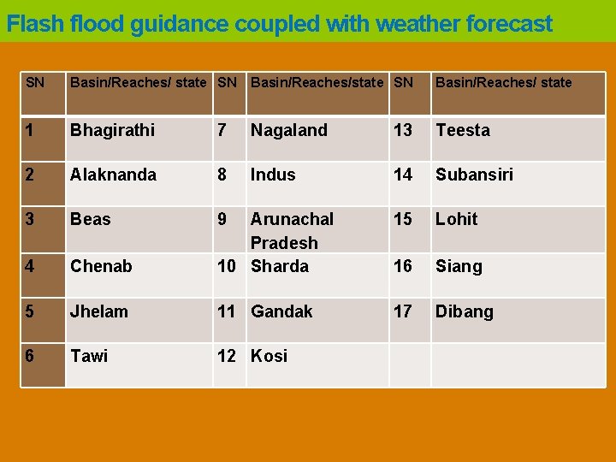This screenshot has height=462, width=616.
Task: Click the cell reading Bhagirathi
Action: [112, 130]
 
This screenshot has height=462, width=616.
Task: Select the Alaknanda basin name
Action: [113, 175]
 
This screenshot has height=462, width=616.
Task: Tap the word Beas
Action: [90, 219]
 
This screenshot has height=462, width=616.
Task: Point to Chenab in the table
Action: [101, 266]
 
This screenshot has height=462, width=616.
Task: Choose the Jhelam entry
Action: [99, 311]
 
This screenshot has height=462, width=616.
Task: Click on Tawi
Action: [89, 356]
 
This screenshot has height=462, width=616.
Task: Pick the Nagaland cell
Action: [288, 130]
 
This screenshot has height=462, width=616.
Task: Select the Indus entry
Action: [273, 175]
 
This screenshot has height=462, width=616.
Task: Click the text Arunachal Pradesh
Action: [292, 230]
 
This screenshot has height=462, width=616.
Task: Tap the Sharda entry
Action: [280, 266]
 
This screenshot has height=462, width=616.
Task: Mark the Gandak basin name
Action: [281, 311]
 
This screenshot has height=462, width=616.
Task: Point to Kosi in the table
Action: [269, 356]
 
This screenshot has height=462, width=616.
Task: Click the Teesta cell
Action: [463, 130]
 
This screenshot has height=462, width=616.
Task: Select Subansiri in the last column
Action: [474, 175]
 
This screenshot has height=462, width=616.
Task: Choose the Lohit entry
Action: [457, 219]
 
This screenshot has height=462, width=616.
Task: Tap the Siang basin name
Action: [459, 266]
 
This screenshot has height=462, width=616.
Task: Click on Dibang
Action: [465, 311]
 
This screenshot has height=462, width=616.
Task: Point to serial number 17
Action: [402, 311]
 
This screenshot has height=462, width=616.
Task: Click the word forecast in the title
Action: [509, 24]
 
